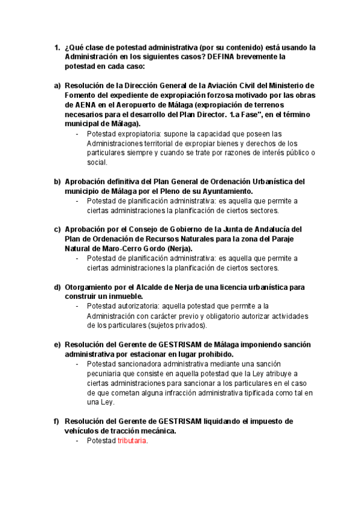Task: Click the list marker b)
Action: pyautogui.click(x=58, y=181)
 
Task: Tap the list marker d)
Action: pyautogui.click(x=58, y=287)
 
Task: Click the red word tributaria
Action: pyautogui.click(x=132, y=441)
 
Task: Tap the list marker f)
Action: pyautogui.click(x=58, y=421)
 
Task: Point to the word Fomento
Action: pyautogui.click(x=83, y=95)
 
